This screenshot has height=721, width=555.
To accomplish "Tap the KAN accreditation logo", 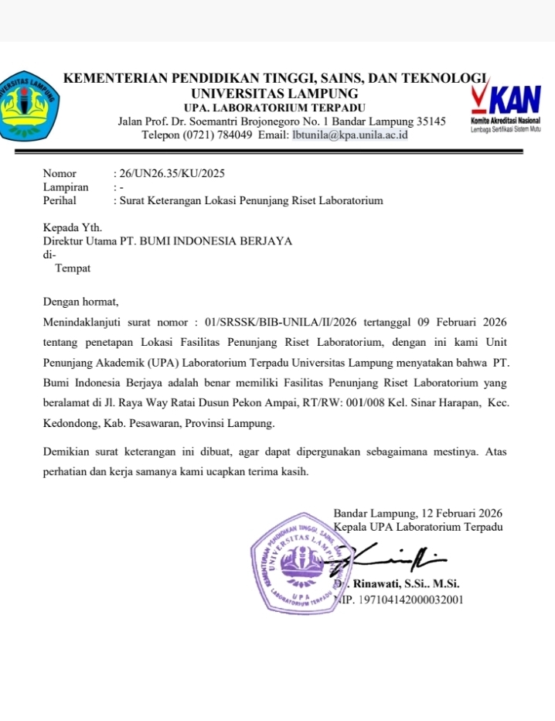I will pyautogui.click(x=506, y=108).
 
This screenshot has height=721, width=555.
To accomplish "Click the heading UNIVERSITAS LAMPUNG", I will pyautogui.click(x=274, y=94).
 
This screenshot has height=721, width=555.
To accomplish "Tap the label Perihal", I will pyautogui.click(x=60, y=200).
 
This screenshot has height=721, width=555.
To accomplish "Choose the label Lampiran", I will pyautogui.click(x=66, y=186).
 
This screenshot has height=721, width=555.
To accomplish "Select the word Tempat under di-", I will pyautogui.click(x=73, y=268).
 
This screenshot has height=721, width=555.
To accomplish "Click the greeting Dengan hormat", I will pyautogui.click(x=80, y=300).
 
